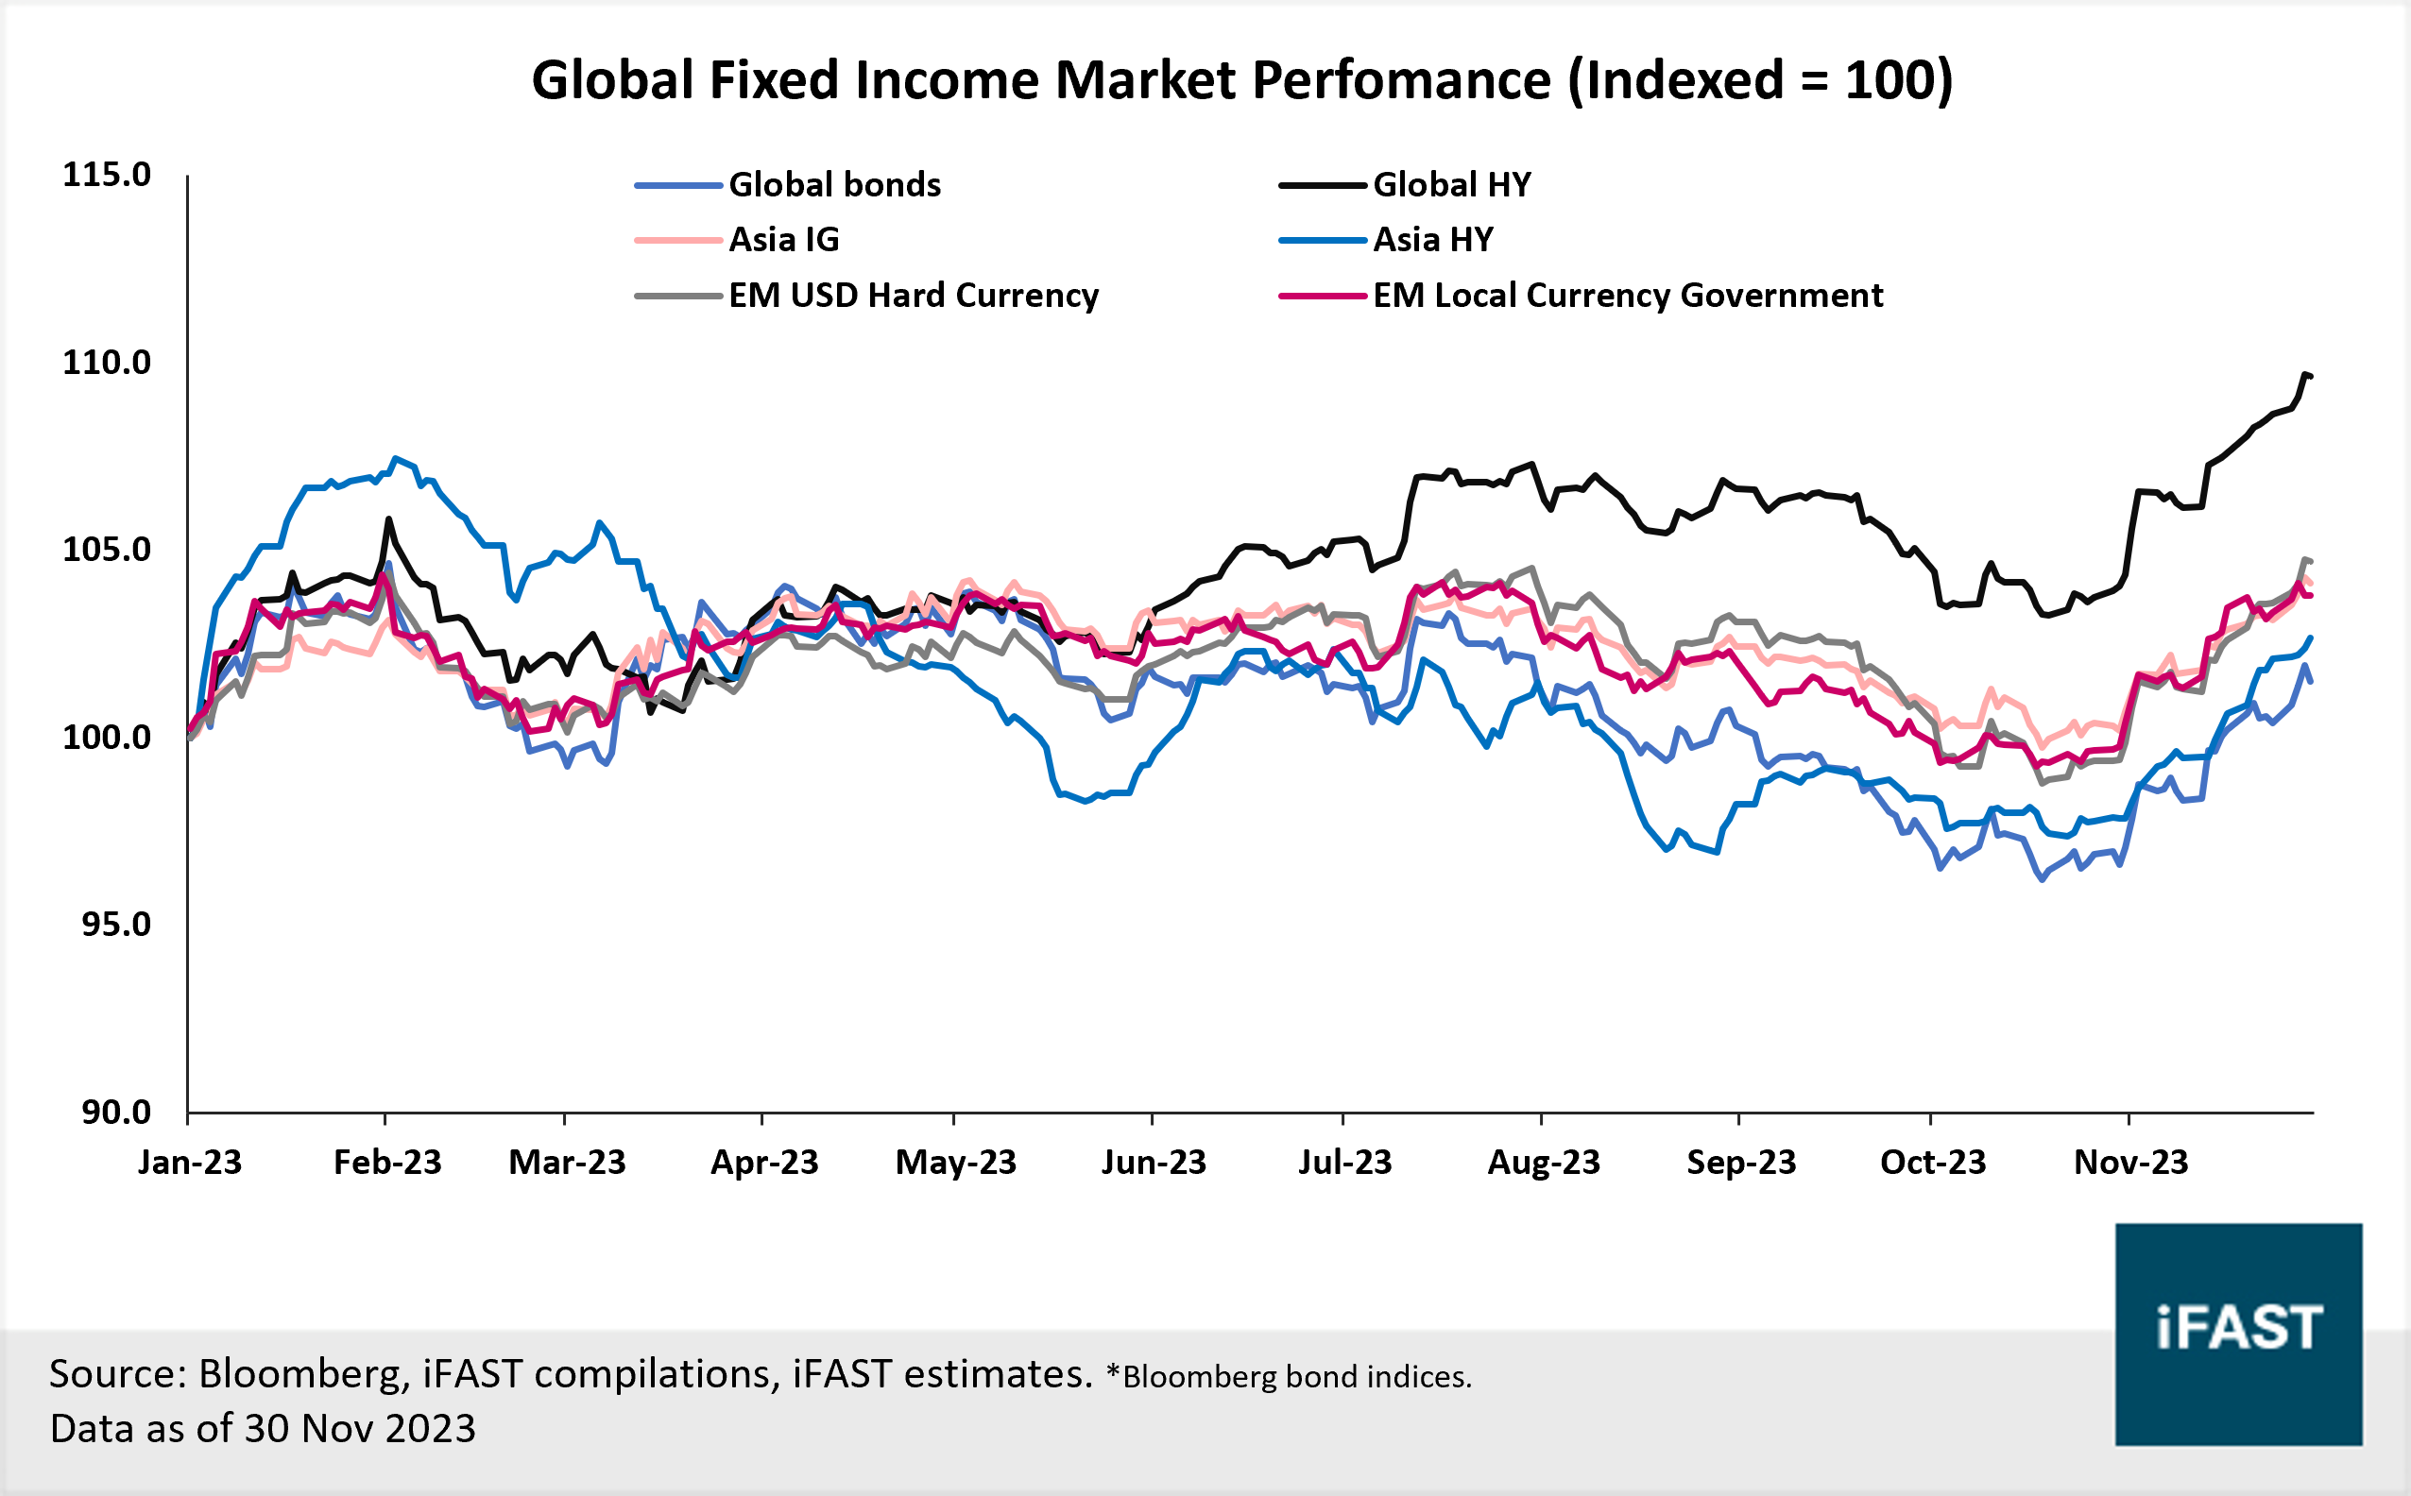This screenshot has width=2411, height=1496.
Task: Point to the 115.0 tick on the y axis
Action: pos(107,175)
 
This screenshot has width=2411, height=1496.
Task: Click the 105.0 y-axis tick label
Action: pos(107,550)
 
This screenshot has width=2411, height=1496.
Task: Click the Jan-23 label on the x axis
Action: pos(190,1162)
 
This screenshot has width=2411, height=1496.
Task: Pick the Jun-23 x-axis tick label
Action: pos(1154,1162)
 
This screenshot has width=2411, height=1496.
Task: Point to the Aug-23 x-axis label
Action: pos(1544,1162)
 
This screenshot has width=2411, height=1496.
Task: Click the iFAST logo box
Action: pos(2238,1334)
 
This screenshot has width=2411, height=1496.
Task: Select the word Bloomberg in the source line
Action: pos(302,1373)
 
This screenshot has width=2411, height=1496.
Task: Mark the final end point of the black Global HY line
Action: pos(2310,376)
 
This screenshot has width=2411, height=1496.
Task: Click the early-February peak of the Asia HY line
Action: pos(395,458)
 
